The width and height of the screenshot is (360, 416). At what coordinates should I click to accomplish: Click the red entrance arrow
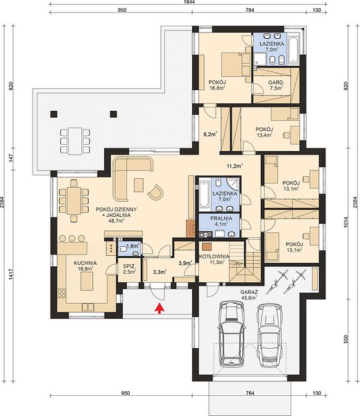pos(159,309)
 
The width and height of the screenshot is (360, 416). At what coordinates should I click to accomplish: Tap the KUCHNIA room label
pos(85,263)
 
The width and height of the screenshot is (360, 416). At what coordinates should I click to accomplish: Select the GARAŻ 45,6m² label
pos(248,295)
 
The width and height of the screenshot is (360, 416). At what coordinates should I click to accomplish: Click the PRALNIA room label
pos(221,218)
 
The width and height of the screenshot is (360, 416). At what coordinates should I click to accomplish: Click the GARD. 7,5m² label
pos(276,85)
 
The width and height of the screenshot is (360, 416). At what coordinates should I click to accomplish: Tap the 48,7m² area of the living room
pos(117,220)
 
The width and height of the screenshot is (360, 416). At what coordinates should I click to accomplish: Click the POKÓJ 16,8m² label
pos(217,85)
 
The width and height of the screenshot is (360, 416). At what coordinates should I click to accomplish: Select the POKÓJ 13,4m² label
pos(264,132)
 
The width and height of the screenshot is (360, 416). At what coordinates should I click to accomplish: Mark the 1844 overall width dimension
pos(189,2)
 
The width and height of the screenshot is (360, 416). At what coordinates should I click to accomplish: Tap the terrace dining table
pos(75,141)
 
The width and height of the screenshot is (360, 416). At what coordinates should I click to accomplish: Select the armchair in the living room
pos(155,192)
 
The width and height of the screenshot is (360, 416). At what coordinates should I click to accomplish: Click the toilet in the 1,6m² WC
pos(123,249)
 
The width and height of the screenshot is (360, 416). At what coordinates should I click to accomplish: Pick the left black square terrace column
pos(54,114)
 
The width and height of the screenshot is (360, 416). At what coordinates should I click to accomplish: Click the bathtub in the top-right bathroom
pos(293,49)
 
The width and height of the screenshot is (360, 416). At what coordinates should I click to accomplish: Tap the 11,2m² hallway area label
pos(235,166)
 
